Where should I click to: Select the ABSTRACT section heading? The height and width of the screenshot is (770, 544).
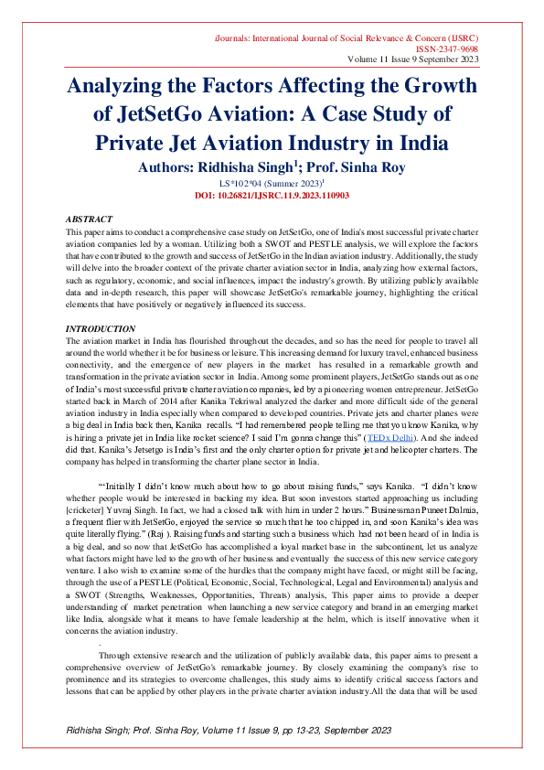tap(89, 220)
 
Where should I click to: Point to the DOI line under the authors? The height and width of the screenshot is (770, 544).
tap(271, 195)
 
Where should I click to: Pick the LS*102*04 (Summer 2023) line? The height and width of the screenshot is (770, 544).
tap(271, 183)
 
